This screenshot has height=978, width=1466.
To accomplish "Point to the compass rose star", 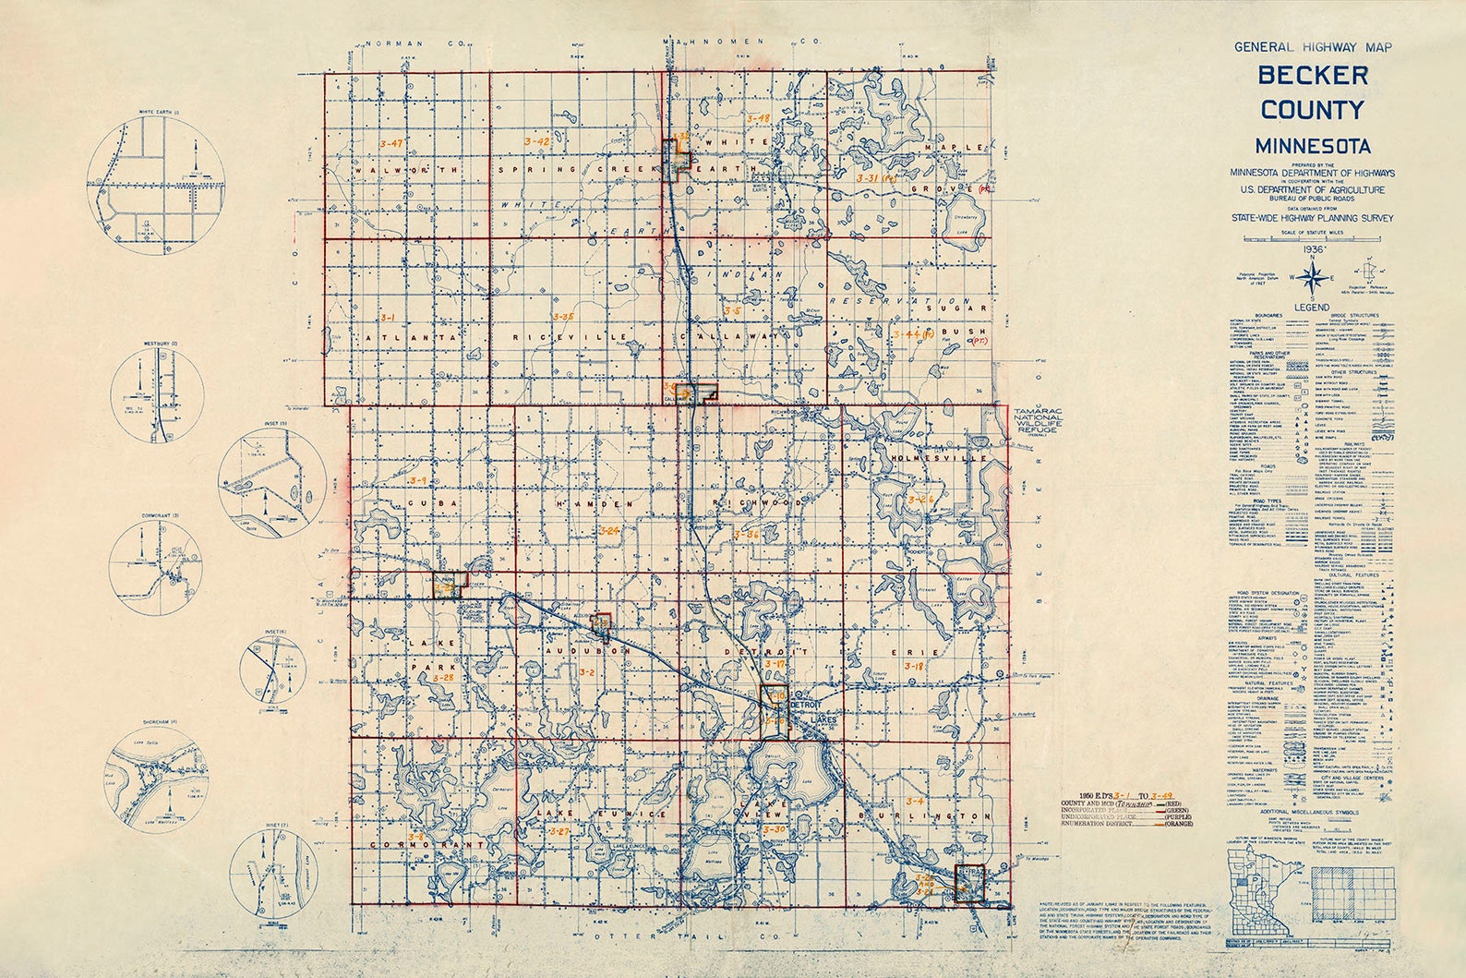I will (1311, 274).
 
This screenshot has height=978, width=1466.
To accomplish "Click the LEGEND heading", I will (1311, 306).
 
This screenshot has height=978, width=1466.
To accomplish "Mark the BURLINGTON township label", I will (926, 818).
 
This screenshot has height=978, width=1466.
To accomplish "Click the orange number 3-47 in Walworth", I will (392, 143).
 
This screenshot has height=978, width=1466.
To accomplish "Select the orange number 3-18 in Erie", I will (914, 666).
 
